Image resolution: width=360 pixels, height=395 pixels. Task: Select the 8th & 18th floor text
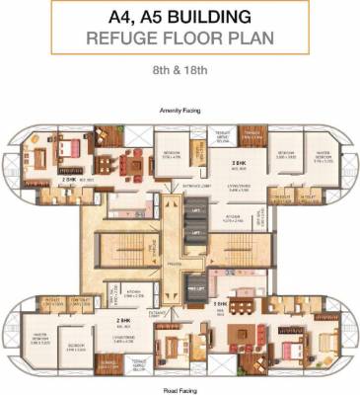(x=180, y=73)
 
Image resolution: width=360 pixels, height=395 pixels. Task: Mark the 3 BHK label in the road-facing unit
(x=223, y=303)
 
